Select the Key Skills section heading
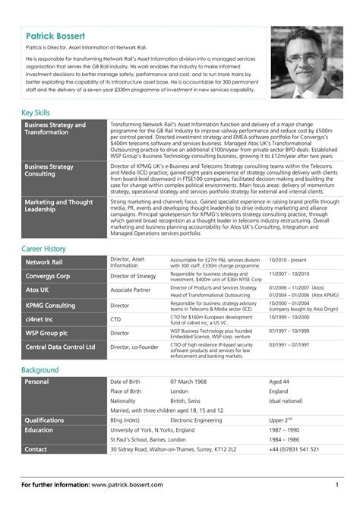click(x=36, y=112)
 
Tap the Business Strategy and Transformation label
click(x=55, y=128)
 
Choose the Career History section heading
click(x=43, y=249)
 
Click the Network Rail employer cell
click(x=49, y=262)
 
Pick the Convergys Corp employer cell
click(x=48, y=276)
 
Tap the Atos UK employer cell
click(x=37, y=290)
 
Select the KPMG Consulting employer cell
click(x=51, y=305)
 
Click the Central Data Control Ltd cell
click(x=61, y=347)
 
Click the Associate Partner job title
click(x=131, y=290)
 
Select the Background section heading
click(x=40, y=369)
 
